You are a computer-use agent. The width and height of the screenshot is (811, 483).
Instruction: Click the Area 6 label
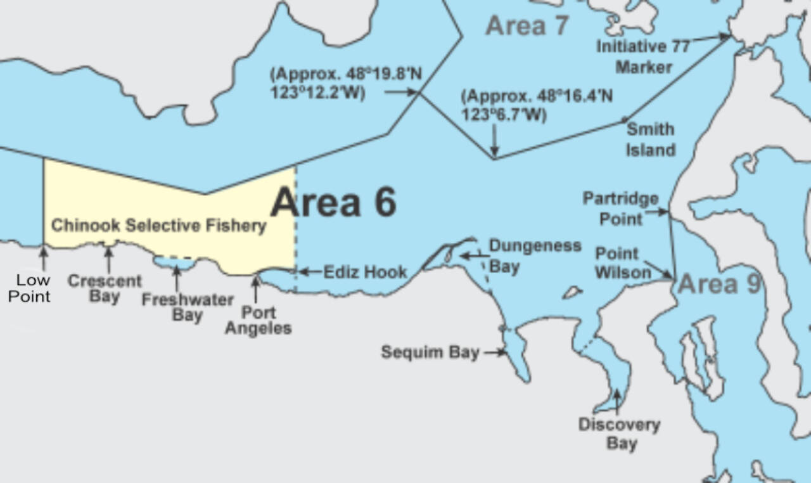334,202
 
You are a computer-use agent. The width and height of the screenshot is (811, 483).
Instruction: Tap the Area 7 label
527,25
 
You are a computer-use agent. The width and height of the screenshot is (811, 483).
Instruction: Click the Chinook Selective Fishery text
158,226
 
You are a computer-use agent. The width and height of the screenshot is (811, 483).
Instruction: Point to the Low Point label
29,288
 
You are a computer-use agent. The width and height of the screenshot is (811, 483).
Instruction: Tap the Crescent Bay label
105,288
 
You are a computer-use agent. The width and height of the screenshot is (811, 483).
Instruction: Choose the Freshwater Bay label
187,307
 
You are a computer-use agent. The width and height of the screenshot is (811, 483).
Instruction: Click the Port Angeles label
259,321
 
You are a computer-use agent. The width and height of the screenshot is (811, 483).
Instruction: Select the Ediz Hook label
366,272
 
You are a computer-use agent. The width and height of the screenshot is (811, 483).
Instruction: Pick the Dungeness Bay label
535,255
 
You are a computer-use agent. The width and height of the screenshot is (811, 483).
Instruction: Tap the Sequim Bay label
430,352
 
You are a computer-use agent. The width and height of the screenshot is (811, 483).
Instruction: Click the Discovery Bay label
619,434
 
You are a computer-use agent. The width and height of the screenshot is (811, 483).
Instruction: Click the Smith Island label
650,139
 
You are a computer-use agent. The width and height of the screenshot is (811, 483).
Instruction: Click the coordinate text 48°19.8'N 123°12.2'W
345,83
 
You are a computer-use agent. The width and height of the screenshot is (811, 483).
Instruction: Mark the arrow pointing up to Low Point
43,258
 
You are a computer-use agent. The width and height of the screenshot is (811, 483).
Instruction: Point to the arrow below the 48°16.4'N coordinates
495,139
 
